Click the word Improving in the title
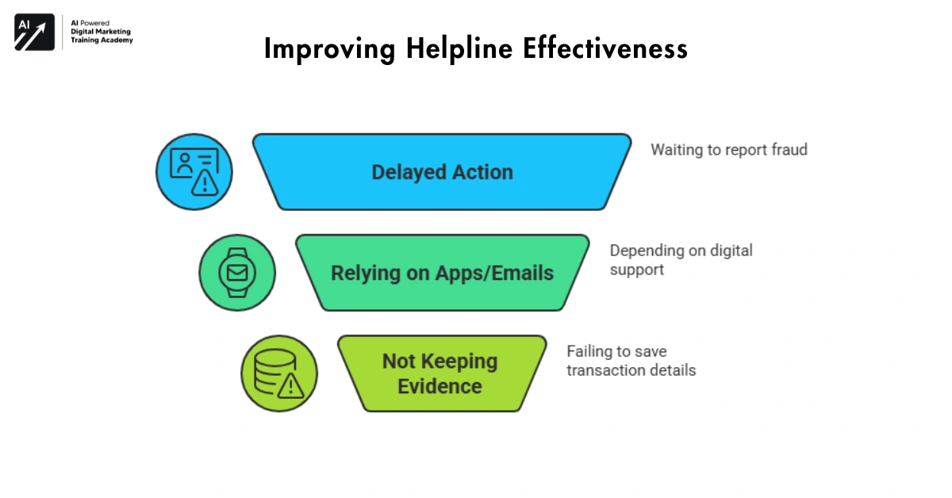(329, 49)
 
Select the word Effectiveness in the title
(605, 49)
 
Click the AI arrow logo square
(34, 33)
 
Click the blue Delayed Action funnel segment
(442, 172)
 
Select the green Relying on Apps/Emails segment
(442, 273)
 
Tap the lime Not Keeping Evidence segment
(442, 373)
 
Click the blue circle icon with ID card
(194, 172)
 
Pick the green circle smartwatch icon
(237, 273)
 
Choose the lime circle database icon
(279, 373)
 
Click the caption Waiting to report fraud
(728, 149)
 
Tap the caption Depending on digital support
(681, 259)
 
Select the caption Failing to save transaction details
(631, 360)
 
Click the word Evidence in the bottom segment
(440, 386)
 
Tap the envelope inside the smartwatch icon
(237, 273)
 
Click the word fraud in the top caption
(787, 149)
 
